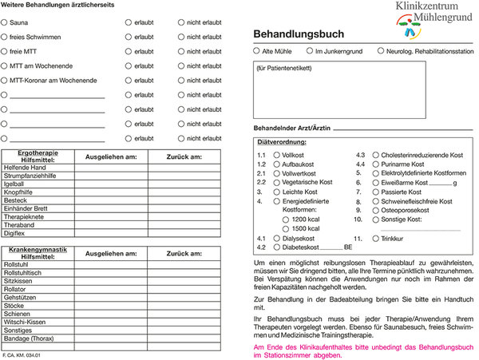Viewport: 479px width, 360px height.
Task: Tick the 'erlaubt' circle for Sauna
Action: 128,22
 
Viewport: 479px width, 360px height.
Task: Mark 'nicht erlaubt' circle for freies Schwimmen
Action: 180,37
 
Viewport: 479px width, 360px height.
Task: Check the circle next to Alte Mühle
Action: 256,51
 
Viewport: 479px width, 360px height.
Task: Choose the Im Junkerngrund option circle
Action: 310,51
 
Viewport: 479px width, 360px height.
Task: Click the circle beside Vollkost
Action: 276,154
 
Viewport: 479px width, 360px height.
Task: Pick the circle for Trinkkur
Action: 376,238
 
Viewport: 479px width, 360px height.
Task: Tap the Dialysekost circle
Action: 276,238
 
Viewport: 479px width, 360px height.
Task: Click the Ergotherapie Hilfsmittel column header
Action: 37,156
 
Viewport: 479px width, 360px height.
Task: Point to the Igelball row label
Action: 15,183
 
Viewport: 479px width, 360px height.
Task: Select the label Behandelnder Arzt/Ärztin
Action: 291,128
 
